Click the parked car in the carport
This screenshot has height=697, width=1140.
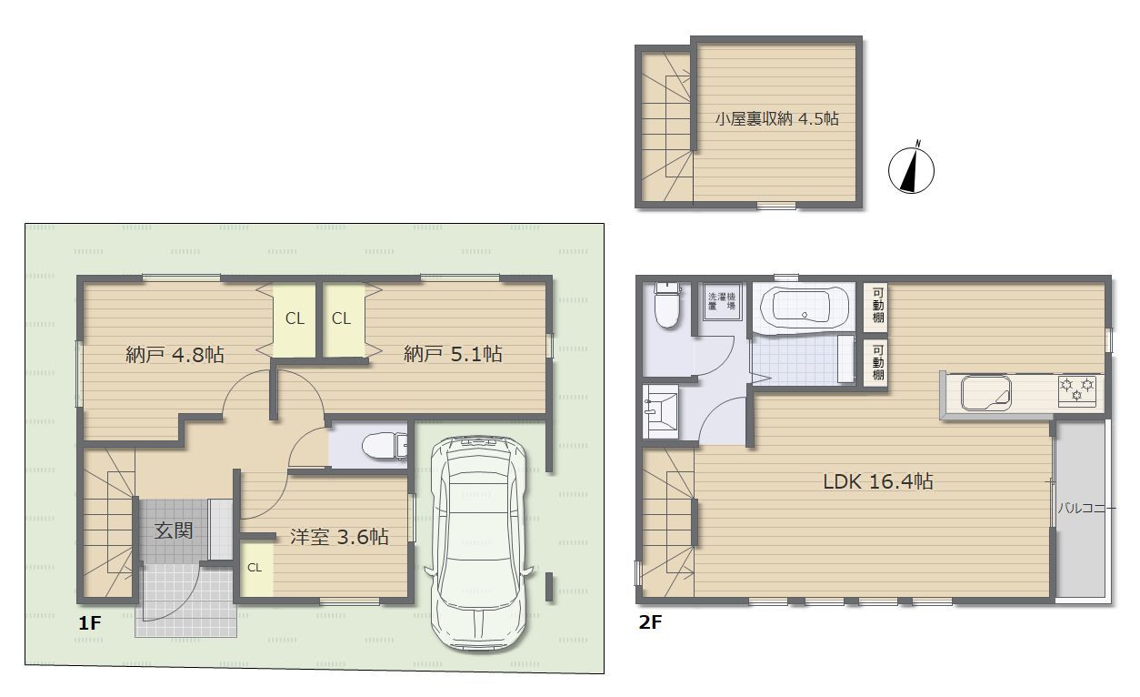(x=478, y=543)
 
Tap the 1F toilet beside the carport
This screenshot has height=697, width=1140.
(x=385, y=446)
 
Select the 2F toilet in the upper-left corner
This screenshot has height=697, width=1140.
(x=667, y=305)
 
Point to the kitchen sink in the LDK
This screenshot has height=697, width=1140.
(x=985, y=393)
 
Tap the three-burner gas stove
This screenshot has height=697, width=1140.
(x=1077, y=390)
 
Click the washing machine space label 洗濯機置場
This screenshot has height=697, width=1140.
(x=722, y=301)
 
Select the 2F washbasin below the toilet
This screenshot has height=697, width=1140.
(x=660, y=411)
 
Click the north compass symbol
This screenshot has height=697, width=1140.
(x=911, y=168)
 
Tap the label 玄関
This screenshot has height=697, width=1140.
(x=174, y=530)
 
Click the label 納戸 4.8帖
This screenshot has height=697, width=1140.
(x=175, y=355)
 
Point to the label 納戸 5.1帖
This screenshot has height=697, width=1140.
(x=453, y=354)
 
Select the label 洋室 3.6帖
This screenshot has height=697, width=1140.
(x=339, y=537)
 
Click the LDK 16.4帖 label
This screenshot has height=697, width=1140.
(x=878, y=481)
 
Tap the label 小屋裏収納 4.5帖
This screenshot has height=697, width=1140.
(x=776, y=118)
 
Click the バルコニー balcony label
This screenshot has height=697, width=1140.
(x=1087, y=508)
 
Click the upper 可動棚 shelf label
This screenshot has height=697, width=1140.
(x=878, y=305)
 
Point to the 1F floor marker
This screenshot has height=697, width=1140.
(x=90, y=622)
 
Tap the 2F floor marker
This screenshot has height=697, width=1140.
(x=650, y=622)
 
